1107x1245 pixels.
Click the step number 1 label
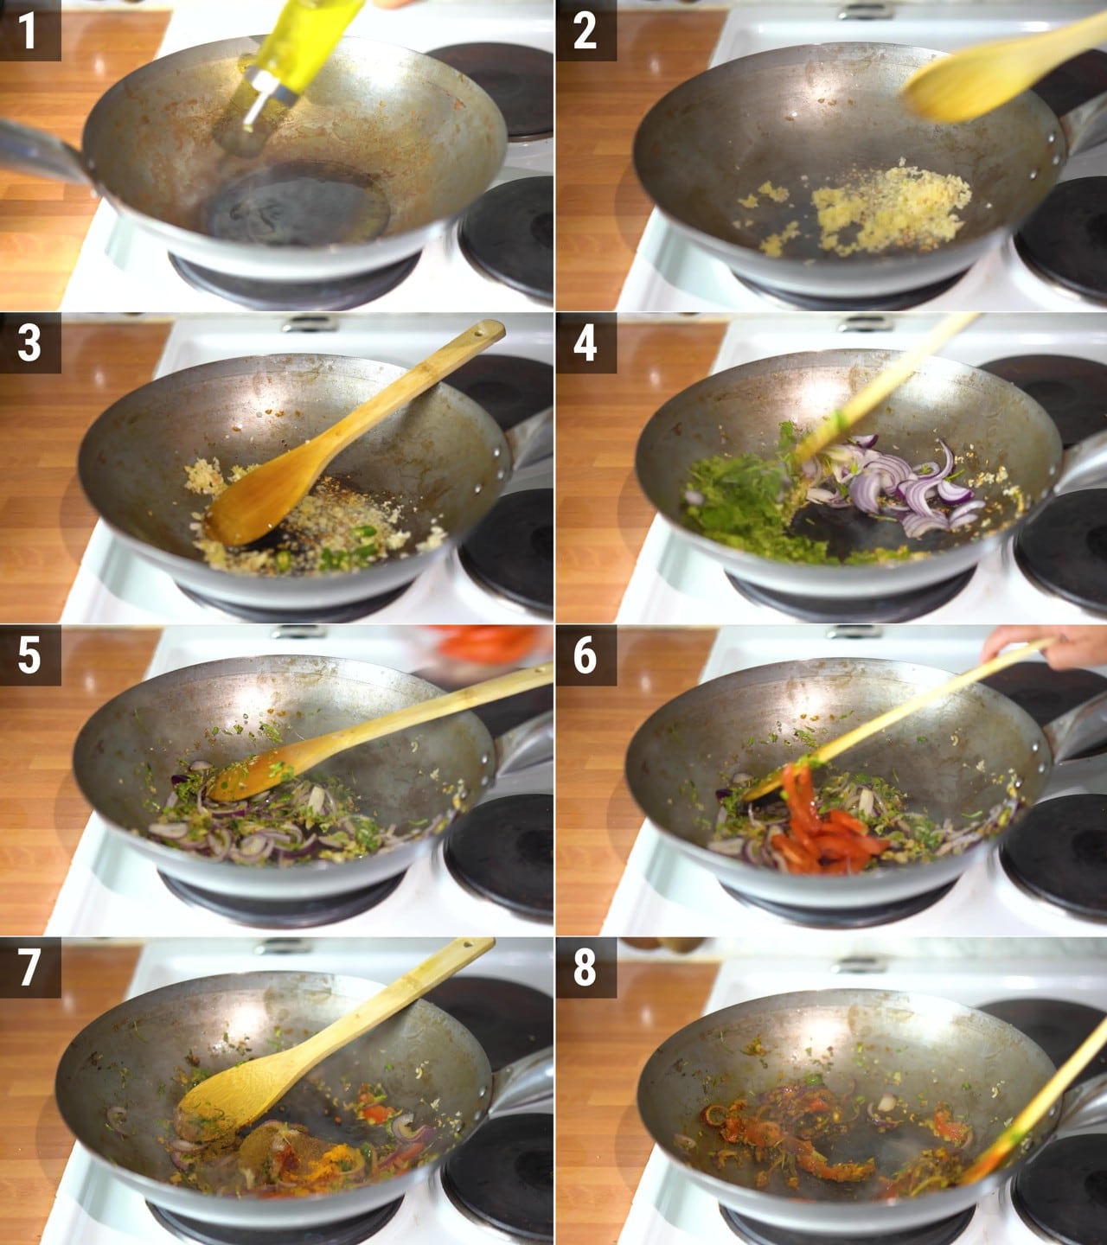tap(30, 30)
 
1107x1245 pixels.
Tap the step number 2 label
tap(585, 30)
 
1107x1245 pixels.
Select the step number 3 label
tap(30, 342)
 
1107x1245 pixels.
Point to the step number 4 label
tap(585, 342)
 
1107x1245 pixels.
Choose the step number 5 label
tap(30, 655)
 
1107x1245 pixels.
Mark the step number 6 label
tap(585, 655)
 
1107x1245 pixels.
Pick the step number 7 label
tap(30, 967)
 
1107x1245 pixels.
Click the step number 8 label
tap(585, 967)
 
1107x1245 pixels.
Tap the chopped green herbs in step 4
tap(750, 504)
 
